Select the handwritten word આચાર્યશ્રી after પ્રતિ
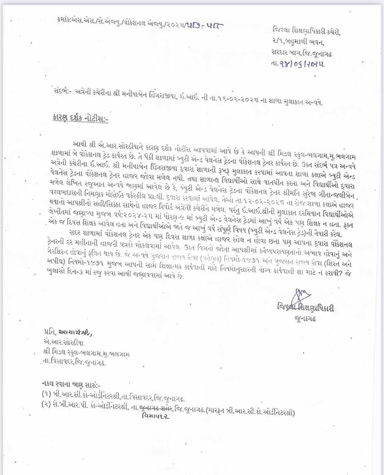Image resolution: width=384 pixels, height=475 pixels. click(76, 332)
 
